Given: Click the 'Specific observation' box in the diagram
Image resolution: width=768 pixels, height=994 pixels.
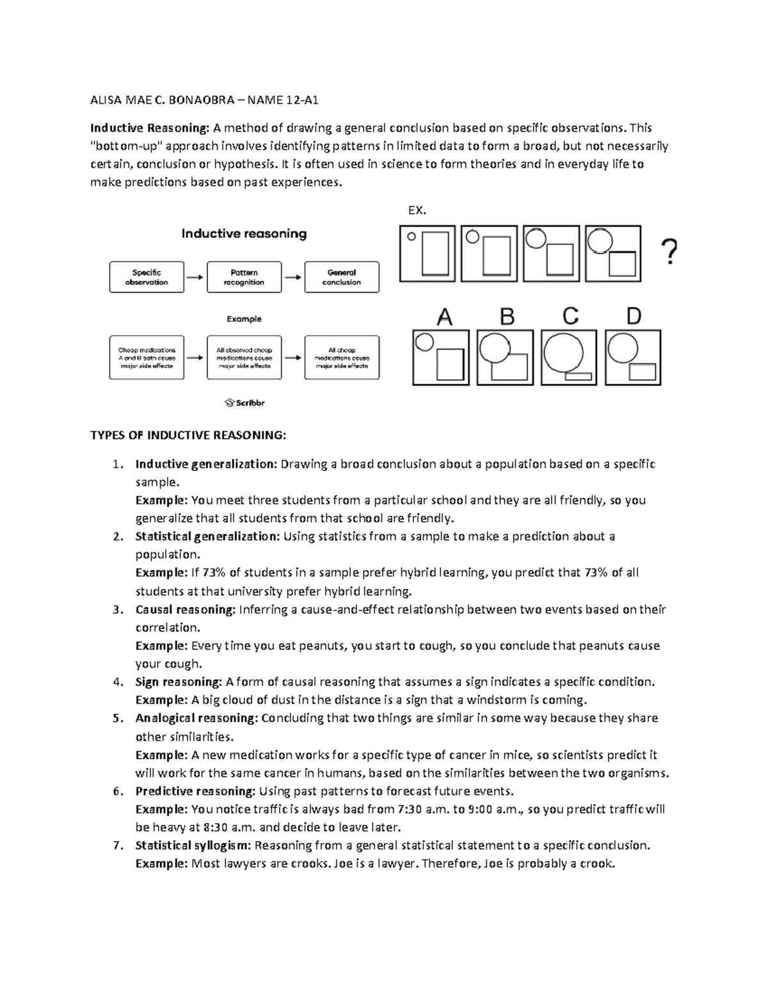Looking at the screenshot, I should [x=147, y=277].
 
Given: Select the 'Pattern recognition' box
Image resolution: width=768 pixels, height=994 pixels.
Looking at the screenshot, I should [x=244, y=277].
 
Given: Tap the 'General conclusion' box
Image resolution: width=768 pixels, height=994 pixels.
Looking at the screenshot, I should [x=342, y=277].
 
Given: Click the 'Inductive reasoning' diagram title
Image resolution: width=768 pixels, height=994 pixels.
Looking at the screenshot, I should [x=244, y=234].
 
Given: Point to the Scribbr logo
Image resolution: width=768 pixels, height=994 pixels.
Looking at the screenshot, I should [x=244, y=403].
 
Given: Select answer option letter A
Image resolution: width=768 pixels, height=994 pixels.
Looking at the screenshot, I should [x=444, y=317].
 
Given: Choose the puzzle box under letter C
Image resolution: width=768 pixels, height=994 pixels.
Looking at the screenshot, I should [x=569, y=357].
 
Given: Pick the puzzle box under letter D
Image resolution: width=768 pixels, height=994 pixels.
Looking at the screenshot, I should [x=633, y=357].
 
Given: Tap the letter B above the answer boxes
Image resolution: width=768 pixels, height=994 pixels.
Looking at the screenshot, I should [x=507, y=317].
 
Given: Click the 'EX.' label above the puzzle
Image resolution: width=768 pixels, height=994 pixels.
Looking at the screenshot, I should [x=417, y=210].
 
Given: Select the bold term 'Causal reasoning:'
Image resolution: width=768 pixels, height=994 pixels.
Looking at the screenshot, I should [x=186, y=609].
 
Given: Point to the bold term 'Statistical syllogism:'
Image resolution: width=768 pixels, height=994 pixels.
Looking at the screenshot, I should [x=193, y=846].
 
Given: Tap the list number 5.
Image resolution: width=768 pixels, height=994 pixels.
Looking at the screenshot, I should [x=116, y=718].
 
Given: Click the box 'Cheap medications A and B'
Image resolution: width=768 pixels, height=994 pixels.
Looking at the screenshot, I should [x=147, y=358].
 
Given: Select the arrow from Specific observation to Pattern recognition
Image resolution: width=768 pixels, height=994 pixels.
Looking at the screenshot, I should [x=195, y=277].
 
